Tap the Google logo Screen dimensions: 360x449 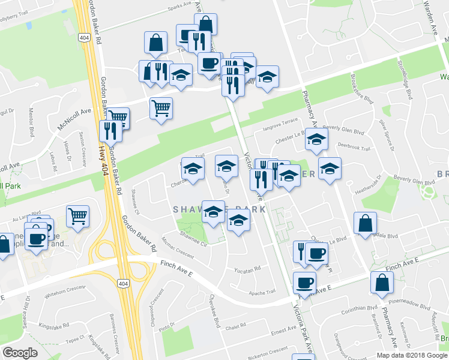point(20,353)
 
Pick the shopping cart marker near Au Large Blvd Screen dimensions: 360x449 point(78,215)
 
